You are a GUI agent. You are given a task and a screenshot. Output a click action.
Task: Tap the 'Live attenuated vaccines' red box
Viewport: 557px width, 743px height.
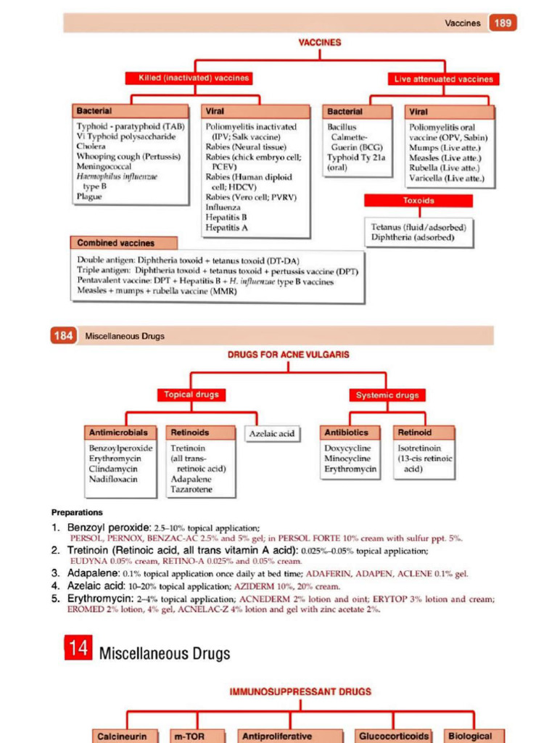(444, 79)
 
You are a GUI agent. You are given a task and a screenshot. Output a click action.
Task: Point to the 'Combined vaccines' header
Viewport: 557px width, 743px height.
(117, 243)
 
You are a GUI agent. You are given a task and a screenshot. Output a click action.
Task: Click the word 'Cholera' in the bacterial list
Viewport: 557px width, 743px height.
(91, 146)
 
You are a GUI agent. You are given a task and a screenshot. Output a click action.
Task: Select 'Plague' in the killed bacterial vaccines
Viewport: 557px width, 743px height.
(89, 196)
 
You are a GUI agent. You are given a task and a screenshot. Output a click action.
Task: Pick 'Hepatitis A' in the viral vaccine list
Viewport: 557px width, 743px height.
(226, 227)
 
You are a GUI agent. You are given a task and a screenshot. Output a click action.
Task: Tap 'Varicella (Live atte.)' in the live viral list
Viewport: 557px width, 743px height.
(446, 178)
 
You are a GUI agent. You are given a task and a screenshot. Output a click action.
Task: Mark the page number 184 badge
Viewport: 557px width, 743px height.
(63, 336)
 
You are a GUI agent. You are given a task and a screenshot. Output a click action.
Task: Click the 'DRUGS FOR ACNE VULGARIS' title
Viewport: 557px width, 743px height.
(289, 355)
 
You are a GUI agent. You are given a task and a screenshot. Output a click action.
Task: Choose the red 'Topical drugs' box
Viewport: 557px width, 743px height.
(190, 395)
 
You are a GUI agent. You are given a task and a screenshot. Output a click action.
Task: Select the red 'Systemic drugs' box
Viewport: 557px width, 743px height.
(387, 395)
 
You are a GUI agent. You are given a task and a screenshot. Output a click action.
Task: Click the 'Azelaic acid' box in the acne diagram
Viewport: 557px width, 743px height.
(271, 434)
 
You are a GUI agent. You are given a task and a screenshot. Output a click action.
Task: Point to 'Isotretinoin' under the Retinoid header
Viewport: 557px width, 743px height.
(419, 448)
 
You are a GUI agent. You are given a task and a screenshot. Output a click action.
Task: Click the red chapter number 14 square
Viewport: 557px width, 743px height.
(78, 649)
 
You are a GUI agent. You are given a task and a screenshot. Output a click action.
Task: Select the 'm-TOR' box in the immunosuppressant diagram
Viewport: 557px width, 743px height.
(188, 736)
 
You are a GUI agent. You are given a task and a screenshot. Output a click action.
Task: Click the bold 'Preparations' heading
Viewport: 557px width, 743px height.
(77, 512)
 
